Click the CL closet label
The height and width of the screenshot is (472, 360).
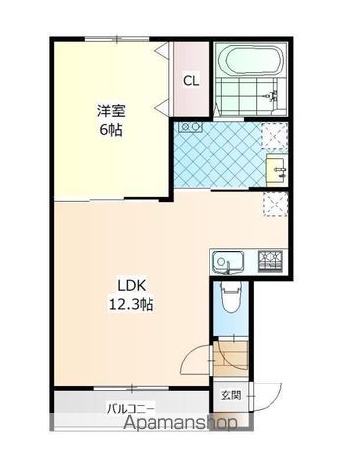click(x=191, y=81)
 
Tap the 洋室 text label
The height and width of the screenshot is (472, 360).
click(x=110, y=110)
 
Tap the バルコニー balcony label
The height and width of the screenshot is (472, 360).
click(x=131, y=407)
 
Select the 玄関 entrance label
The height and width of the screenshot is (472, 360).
click(x=230, y=396)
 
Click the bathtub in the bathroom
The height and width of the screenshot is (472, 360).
click(x=249, y=61)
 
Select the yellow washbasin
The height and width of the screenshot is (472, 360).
click(x=275, y=168)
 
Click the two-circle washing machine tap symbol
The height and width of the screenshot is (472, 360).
click(x=190, y=128)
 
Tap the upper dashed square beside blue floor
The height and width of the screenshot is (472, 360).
click(x=275, y=136)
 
